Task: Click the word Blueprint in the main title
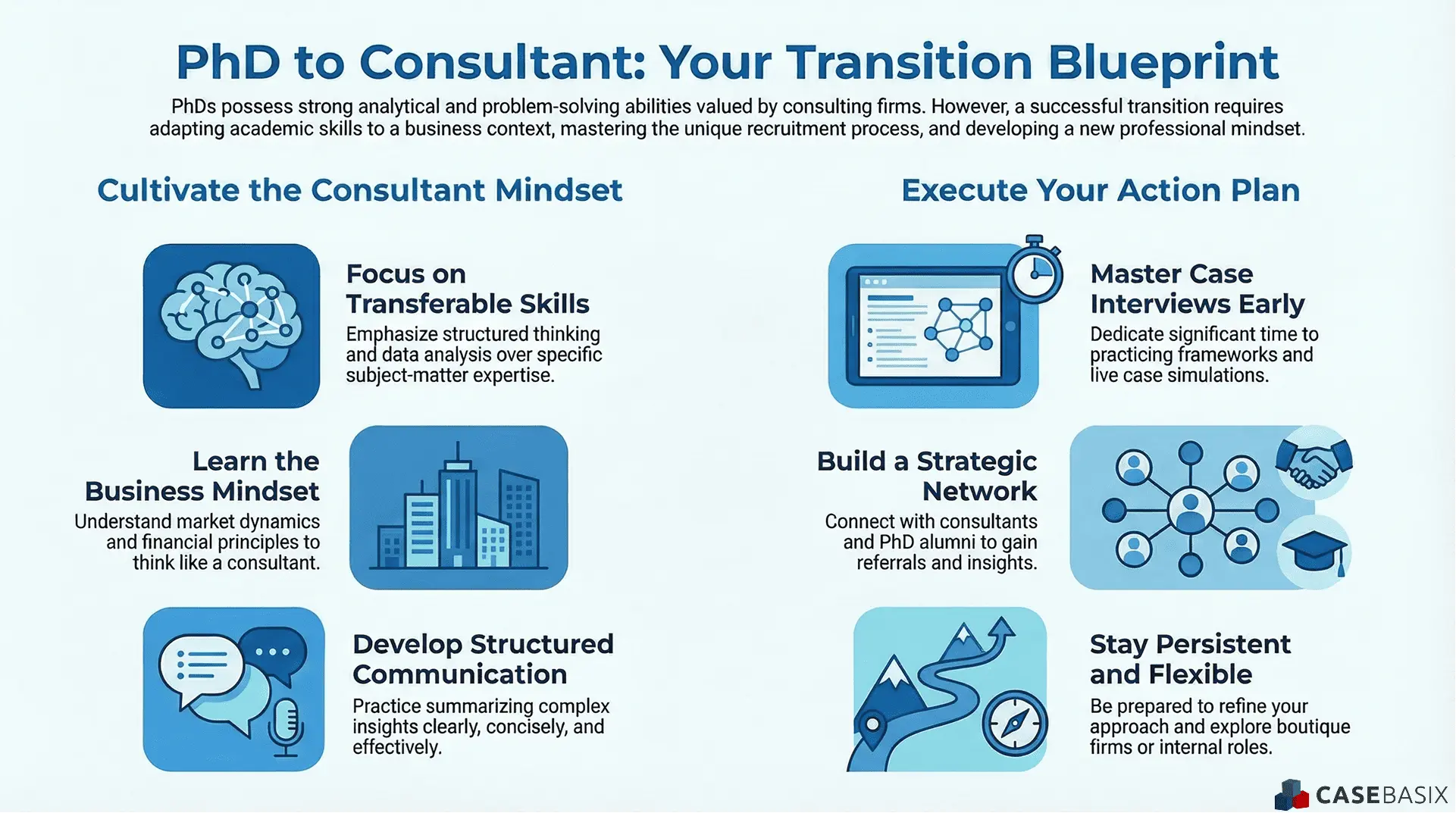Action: (x=1163, y=62)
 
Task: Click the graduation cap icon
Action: (x=1314, y=552)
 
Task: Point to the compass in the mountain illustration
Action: (x=1015, y=724)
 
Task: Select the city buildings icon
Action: (x=458, y=508)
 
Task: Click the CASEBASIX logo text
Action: (x=1381, y=795)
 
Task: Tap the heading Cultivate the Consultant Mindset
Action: (x=359, y=190)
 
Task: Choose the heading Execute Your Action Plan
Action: (x=1100, y=190)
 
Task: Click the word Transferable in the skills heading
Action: (x=418, y=304)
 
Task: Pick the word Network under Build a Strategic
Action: (x=978, y=492)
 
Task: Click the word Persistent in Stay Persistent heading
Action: (x=1223, y=644)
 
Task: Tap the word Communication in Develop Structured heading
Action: (x=459, y=674)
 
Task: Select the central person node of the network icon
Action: (x=1190, y=509)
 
